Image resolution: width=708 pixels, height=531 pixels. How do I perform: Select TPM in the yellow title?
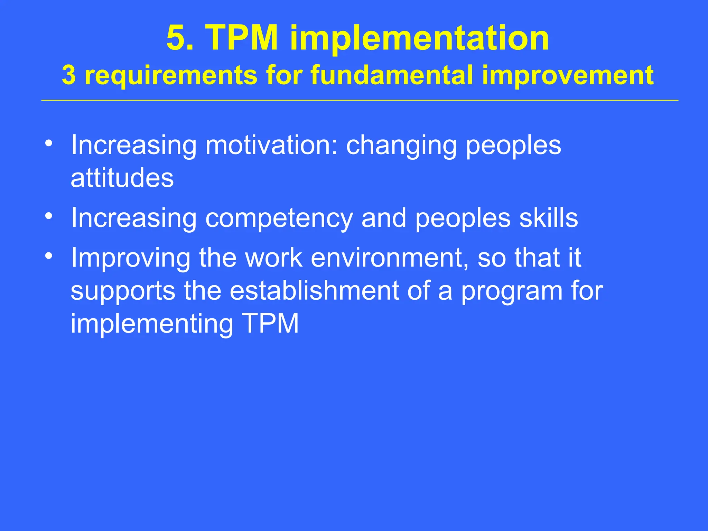click(242, 38)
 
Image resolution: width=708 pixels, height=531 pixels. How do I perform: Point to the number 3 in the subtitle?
click(69, 75)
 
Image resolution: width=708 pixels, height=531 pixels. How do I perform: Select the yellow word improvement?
click(567, 76)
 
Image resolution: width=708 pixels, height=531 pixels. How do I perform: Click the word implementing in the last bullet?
click(152, 325)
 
